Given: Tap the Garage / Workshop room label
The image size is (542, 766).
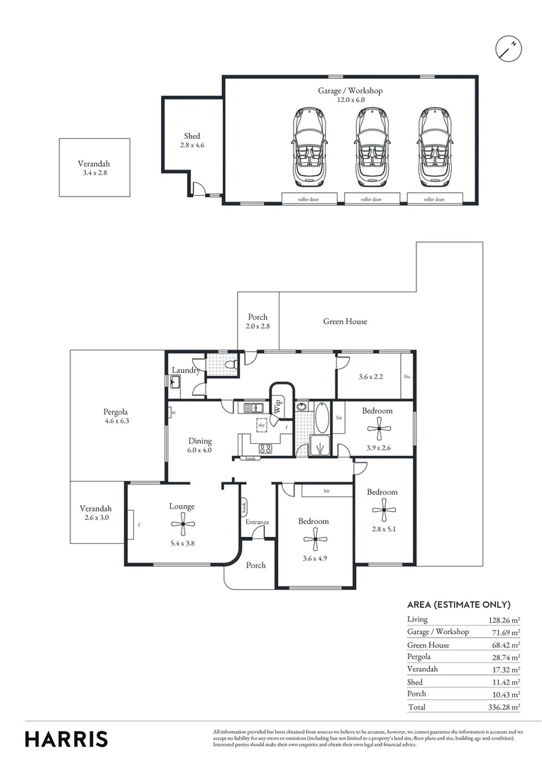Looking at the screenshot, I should [350, 91].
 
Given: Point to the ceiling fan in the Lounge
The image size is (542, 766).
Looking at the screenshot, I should [184, 526].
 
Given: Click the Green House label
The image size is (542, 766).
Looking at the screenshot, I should [345, 321].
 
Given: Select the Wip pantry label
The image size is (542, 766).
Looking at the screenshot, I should [278, 407].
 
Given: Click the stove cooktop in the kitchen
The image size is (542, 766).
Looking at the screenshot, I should [266, 448].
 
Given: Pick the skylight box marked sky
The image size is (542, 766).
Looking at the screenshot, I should [262, 424].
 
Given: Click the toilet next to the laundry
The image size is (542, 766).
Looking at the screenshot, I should [228, 364].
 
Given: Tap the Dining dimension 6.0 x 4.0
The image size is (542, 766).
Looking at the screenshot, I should [199, 450].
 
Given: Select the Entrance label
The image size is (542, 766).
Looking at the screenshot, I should [257, 523].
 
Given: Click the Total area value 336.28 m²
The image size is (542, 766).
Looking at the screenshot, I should [504, 707].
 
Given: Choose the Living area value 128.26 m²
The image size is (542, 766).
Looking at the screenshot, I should [504, 620].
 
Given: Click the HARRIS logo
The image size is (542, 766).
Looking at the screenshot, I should [67, 739].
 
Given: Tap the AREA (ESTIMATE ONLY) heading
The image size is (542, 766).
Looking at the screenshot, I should [459, 605].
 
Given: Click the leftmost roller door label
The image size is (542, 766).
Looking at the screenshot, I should [309, 200].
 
